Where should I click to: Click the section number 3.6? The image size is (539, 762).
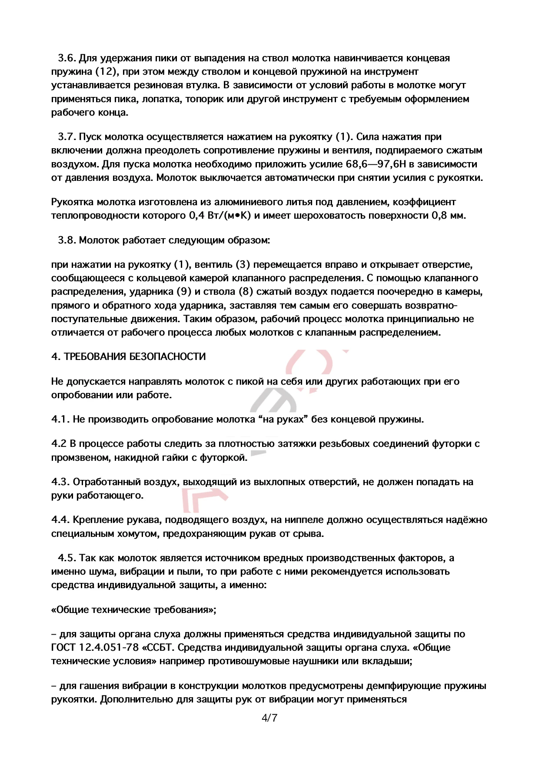67,58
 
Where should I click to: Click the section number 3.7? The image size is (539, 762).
67,137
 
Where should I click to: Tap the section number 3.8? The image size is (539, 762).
67,240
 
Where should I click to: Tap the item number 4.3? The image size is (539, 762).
60,482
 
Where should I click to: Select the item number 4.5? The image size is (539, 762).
67,558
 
